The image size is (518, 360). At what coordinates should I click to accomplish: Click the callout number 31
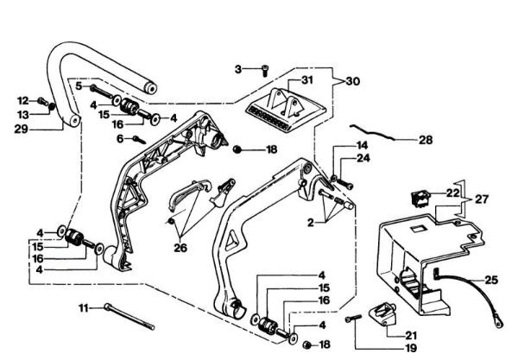coord(306,80)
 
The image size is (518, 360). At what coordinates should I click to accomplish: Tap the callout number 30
coord(352,81)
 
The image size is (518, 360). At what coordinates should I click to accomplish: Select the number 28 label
coord(426,140)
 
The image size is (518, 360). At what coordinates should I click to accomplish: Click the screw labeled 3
coord(265,71)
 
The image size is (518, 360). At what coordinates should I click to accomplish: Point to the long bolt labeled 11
coord(129,317)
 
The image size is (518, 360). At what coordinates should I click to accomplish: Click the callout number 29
coord(21,129)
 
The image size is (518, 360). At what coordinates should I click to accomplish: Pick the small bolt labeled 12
coord(42,101)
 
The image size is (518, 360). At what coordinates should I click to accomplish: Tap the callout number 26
coord(180,248)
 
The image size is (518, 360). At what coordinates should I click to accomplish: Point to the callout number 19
coord(410,348)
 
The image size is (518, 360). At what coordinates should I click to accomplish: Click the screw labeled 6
coord(139,140)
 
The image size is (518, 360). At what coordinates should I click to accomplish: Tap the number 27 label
coord(482,199)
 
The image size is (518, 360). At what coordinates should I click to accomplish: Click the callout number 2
coord(311,223)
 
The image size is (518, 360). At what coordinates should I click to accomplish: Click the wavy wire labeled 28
coord(372,132)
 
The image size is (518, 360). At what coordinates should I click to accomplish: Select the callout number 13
coord(22,115)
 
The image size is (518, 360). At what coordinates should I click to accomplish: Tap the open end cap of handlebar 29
coord(150,89)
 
